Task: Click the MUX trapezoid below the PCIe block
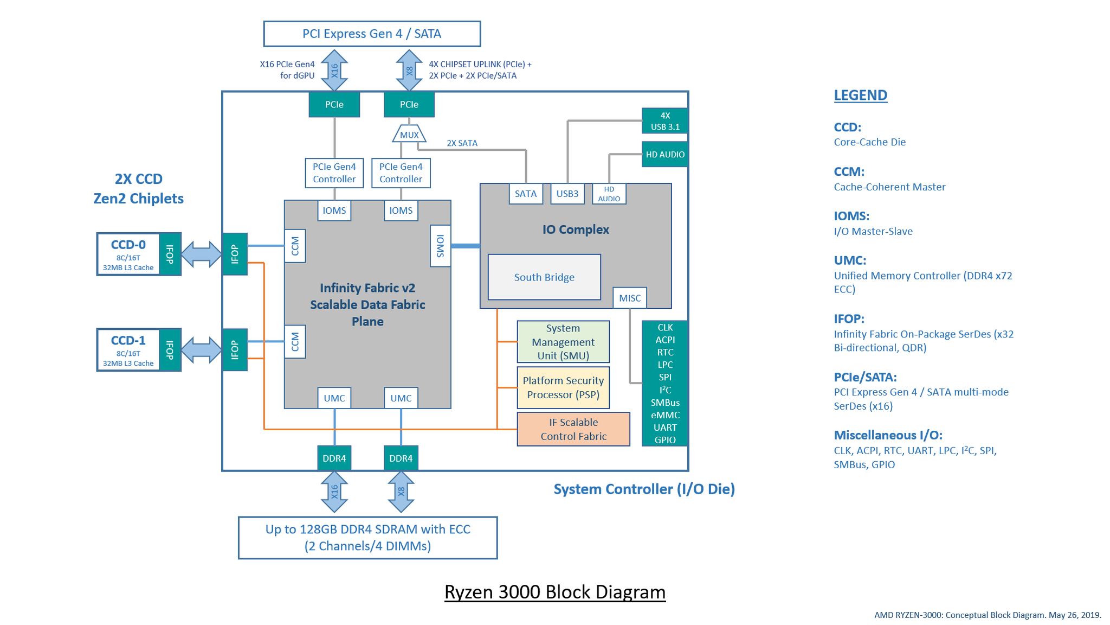pyautogui.click(x=409, y=135)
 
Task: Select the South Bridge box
pyautogui.click(x=544, y=277)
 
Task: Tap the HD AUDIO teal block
pyautogui.click(x=664, y=155)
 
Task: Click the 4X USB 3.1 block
pyautogui.click(x=664, y=121)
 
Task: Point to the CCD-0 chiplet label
pyautogui.click(x=128, y=245)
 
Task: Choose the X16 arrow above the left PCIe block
pyautogui.click(x=334, y=70)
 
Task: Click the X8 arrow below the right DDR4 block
pyautogui.click(x=401, y=492)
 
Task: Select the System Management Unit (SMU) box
pyautogui.click(x=563, y=342)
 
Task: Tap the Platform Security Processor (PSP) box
pyautogui.click(x=563, y=387)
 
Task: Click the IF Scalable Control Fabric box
pyautogui.click(x=573, y=429)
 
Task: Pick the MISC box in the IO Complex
pyautogui.click(x=629, y=298)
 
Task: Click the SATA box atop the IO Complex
pyautogui.click(x=525, y=194)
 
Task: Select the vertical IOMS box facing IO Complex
pyautogui.click(x=440, y=246)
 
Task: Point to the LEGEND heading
pyautogui.click(x=860, y=95)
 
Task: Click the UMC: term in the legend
pyautogui.click(x=849, y=260)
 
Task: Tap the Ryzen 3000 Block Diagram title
pyautogui.click(x=554, y=592)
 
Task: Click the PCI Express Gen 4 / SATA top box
pyautogui.click(x=372, y=34)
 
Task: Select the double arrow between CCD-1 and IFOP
pyautogui.click(x=201, y=350)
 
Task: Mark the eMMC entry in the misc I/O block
pyautogui.click(x=664, y=415)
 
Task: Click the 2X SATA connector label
pyautogui.click(x=462, y=143)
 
